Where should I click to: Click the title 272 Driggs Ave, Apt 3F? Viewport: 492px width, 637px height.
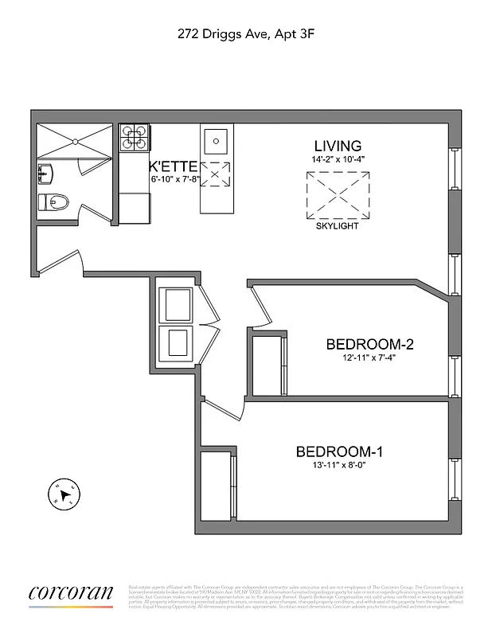coord(245,34)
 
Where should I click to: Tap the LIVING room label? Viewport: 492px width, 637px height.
coord(338,147)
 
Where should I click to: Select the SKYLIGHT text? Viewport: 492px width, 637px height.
coord(338,226)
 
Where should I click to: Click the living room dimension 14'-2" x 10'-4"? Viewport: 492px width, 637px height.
coord(338,160)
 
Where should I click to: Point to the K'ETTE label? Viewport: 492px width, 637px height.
coord(172,166)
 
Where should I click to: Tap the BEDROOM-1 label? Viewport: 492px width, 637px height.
coord(339,452)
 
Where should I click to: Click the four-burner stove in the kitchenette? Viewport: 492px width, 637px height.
coord(135,138)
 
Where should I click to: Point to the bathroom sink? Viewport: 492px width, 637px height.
coord(45,171)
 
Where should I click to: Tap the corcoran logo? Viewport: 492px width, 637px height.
coord(71,594)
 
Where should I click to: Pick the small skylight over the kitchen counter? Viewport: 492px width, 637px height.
coord(215,174)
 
